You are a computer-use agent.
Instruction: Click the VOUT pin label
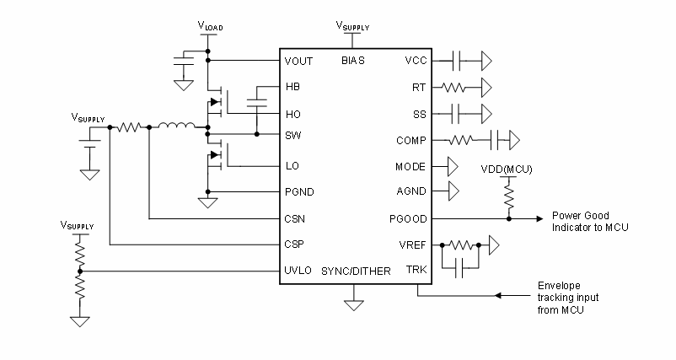coord(298,61)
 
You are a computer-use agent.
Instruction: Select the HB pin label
coord(292,87)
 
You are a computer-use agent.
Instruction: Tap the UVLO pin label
coord(298,271)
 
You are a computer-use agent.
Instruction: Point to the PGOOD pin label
coord(410,218)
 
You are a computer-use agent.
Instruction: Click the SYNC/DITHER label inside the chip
coord(355,271)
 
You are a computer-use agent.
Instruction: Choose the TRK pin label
coord(416,271)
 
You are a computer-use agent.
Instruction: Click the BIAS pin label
coord(353,61)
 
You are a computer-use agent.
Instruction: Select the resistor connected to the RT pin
coord(454,87)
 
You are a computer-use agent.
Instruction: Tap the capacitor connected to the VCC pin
coord(457,61)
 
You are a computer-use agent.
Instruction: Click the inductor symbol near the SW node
coord(176,128)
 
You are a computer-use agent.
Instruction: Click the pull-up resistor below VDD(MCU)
coord(509,195)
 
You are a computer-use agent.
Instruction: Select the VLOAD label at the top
coord(210,27)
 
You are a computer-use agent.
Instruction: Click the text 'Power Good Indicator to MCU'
coord(589,221)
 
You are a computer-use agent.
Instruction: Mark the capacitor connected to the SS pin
coord(457,113)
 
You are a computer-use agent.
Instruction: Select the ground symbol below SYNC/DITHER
coord(355,295)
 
